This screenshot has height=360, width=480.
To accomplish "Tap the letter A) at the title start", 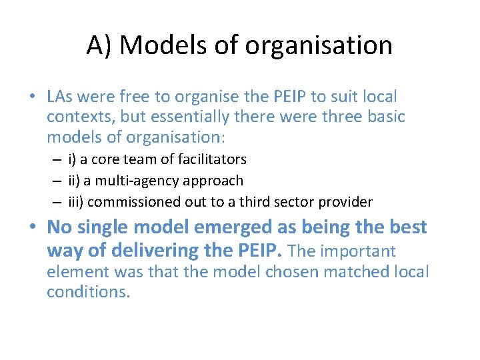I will (101, 45).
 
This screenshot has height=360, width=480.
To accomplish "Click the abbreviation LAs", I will (61, 97).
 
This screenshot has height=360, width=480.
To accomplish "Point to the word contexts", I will (77, 117).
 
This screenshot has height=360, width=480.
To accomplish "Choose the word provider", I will (343, 202).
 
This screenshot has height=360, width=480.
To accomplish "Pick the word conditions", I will (87, 292).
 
